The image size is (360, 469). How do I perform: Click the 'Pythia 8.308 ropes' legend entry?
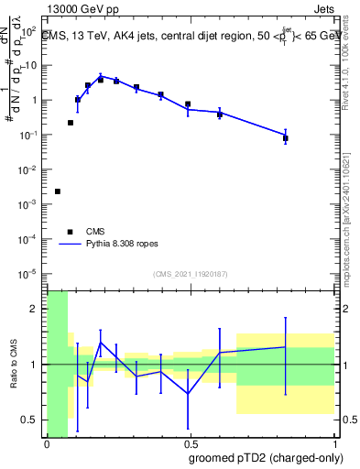click(116, 245)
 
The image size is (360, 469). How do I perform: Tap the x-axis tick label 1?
click(333, 446)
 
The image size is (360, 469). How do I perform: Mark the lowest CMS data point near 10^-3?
click(58, 191)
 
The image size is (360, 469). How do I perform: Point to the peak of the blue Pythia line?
click(101, 76)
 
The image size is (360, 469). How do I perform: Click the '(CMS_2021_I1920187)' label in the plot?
click(189, 274)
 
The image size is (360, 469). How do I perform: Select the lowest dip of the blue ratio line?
click(189, 394)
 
